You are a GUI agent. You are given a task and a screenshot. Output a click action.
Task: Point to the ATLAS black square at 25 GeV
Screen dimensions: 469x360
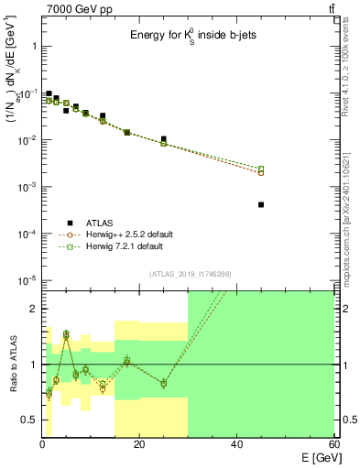pyautogui.click(x=164, y=139)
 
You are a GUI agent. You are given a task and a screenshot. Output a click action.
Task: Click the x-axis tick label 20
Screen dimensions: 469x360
pyautogui.click(x=139, y=446)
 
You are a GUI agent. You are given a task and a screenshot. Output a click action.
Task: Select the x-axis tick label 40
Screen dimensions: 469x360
pyautogui.click(x=236, y=446)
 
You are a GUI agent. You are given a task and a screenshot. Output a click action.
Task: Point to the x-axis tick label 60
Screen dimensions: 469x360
pyautogui.click(x=333, y=446)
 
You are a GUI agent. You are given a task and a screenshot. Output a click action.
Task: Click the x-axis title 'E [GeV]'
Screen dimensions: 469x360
pyautogui.click(x=315, y=459)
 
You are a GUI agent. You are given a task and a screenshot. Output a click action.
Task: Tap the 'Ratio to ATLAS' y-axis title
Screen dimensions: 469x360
pyautogui.click(x=12, y=365)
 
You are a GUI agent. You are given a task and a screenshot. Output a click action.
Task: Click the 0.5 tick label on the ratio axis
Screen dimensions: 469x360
pyautogui.click(x=29, y=420)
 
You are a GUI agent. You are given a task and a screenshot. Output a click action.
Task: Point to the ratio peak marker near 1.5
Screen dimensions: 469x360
pyautogui.click(x=66, y=335)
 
